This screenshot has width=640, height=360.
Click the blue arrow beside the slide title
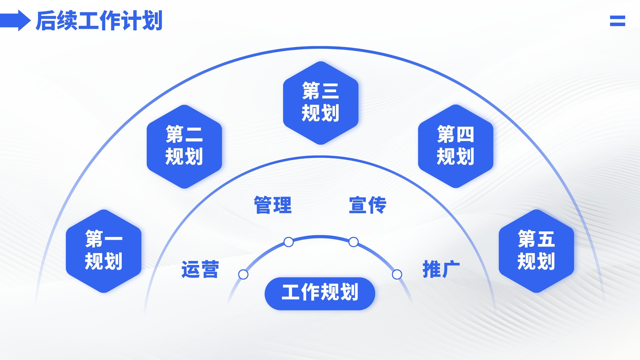(15, 20)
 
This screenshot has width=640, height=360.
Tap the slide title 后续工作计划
(99, 20)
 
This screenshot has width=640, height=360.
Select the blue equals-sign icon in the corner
(618, 21)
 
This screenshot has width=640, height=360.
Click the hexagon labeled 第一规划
(104, 251)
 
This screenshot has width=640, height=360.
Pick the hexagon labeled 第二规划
(184, 146)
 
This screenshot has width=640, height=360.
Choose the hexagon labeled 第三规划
(320, 103)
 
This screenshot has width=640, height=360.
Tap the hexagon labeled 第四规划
(456, 146)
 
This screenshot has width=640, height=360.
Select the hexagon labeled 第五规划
(536, 251)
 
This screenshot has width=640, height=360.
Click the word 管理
(273, 205)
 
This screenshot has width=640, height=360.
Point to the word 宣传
(368, 205)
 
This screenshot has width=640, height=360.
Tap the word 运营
(200, 269)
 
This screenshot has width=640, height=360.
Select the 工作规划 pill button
(320, 294)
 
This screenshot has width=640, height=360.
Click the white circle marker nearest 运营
(243, 274)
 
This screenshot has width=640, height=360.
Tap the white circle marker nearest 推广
(397, 274)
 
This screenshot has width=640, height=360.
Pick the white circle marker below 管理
(288, 242)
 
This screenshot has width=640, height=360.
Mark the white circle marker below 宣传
(354, 242)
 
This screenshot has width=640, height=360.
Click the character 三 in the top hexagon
(330, 91)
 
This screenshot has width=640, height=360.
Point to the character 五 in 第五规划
(546, 238)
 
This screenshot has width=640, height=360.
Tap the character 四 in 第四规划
(465, 134)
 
